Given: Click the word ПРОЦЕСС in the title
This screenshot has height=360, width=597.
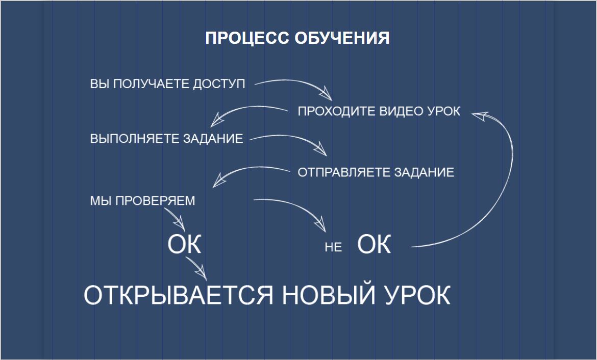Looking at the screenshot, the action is click(248, 38).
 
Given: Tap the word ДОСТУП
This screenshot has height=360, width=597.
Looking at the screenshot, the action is click(219, 84).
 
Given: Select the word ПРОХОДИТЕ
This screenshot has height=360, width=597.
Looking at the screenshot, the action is click(337, 111).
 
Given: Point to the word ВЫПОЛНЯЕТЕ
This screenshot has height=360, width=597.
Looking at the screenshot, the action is click(135, 138).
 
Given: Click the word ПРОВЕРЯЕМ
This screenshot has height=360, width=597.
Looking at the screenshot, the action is click(155, 200).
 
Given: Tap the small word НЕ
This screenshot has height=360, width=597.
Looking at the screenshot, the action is click(333, 247).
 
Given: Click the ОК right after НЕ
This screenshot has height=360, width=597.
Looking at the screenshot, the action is click(374, 244).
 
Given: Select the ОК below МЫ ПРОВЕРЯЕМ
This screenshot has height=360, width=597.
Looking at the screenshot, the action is click(184, 244).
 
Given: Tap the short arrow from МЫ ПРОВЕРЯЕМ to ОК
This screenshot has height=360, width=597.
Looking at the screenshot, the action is click(175, 219).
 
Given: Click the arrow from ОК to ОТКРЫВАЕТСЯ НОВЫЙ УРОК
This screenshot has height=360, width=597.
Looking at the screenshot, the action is click(196, 268).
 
